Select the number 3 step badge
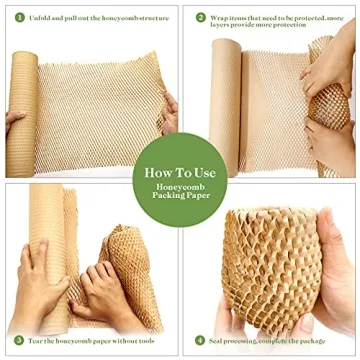pos(19,339)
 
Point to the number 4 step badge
pos(200,339)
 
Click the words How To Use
pos(179,172)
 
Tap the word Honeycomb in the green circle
pos(179,185)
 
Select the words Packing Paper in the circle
pos(179,196)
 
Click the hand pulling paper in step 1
pos(169,110)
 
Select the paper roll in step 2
pos(225,110)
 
